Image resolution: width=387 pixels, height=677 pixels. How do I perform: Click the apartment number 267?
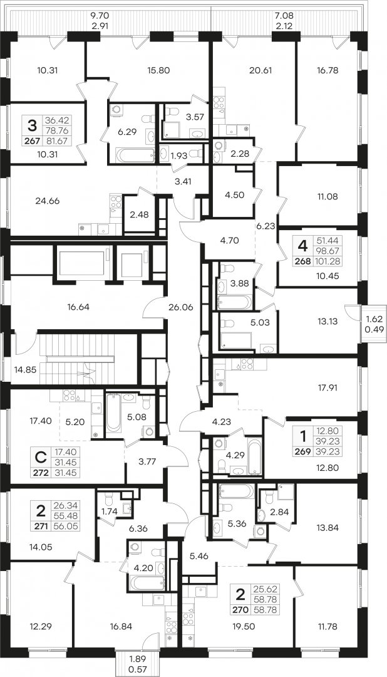pos(33,141)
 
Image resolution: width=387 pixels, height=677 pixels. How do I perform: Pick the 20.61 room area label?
pos(260,70)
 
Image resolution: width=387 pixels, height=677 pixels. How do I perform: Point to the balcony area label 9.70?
pos(98,16)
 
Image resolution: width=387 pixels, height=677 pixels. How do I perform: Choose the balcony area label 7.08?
pos(284,16)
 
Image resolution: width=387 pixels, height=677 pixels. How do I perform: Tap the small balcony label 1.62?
pos(374,320)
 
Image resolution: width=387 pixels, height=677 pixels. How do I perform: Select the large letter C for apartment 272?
pos(41,457)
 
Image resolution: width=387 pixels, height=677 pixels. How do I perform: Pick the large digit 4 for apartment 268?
pos(303,246)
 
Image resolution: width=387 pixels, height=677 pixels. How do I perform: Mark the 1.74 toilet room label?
pos(108,511)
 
